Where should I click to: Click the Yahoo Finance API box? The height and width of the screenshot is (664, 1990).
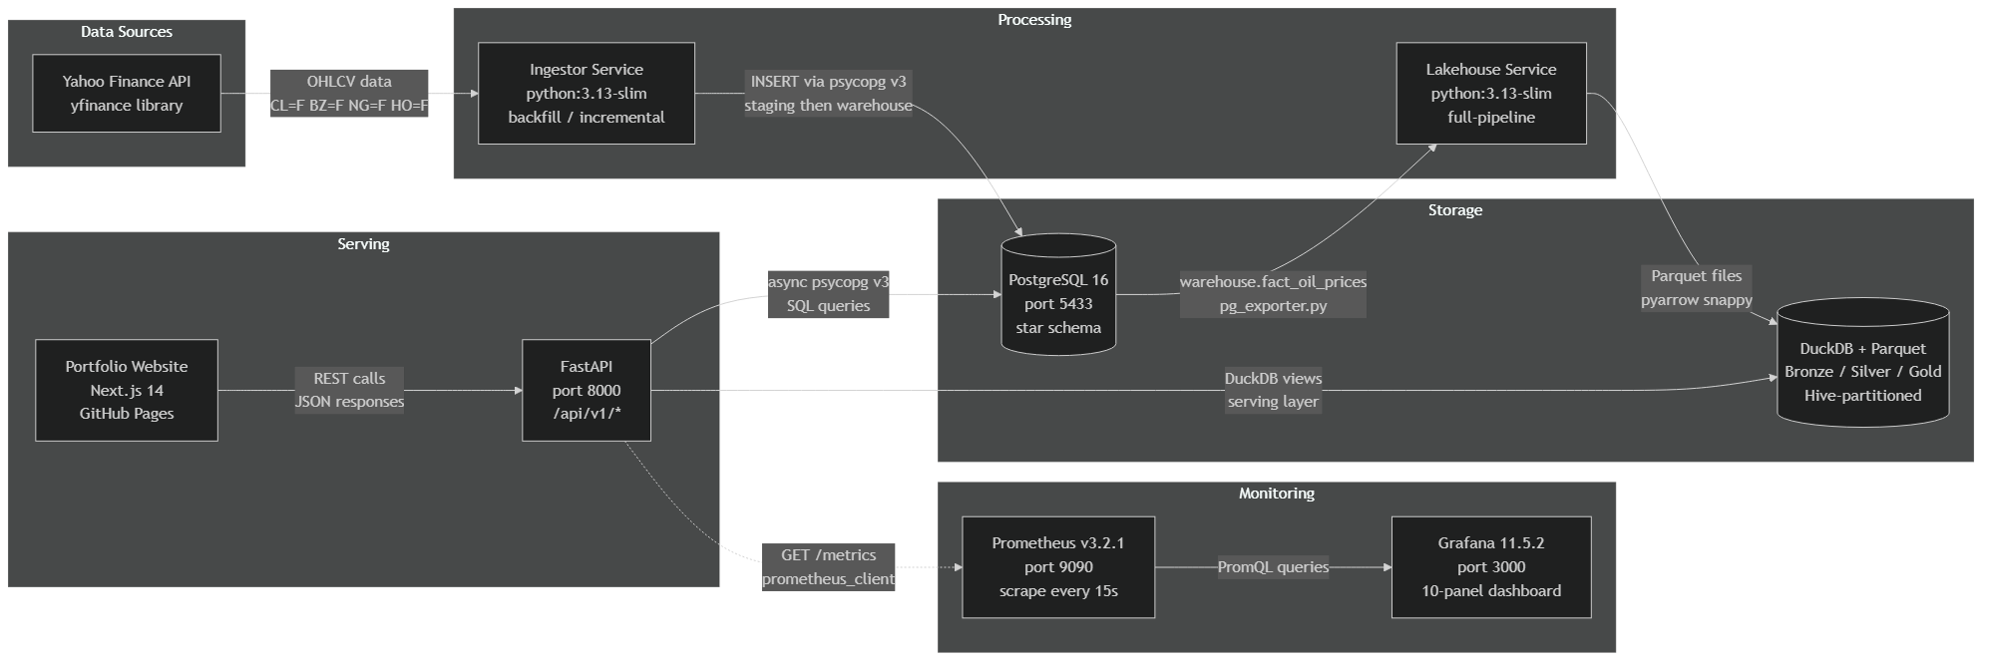click(x=127, y=94)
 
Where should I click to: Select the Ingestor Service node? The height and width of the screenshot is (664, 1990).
click(x=587, y=94)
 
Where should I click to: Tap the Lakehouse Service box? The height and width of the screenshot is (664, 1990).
click(x=1490, y=94)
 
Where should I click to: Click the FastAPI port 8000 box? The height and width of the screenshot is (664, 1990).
click(x=587, y=390)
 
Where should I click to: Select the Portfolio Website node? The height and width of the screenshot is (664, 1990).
click(x=127, y=390)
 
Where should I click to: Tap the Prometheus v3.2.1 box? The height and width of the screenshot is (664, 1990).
click(x=1058, y=567)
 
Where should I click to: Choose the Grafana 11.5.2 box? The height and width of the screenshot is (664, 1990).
click(x=1490, y=567)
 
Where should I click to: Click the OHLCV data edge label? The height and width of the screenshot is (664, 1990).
click(x=349, y=94)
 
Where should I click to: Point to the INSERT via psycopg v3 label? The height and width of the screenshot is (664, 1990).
click(x=828, y=94)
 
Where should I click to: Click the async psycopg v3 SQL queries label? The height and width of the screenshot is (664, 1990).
click(x=828, y=294)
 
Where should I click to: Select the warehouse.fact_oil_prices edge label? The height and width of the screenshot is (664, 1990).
click(x=1273, y=294)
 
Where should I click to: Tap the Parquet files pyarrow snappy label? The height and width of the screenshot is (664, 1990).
click(x=1696, y=288)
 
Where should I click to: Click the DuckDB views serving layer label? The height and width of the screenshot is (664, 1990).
click(x=1273, y=390)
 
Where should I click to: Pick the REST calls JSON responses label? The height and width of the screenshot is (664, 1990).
click(x=349, y=390)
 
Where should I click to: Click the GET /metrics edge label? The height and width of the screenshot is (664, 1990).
click(x=828, y=567)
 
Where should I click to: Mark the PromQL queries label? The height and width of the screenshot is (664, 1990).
click(x=1273, y=567)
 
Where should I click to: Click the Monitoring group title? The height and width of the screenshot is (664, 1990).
click(x=1276, y=494)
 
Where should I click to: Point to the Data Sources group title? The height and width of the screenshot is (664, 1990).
click(x=127, y=32)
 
